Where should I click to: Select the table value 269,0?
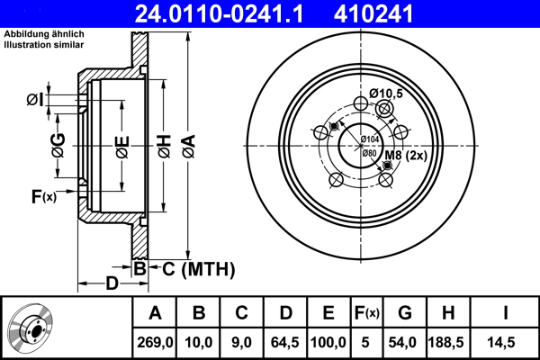pos(155,341)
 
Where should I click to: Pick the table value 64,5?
pos(285,341)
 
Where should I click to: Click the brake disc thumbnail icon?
pos(32,328)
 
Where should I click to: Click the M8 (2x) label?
pos(405,156)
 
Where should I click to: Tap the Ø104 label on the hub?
pos(369,139)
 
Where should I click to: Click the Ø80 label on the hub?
pos(369,153)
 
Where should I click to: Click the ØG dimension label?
pos(58,144)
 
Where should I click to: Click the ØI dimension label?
pos(33,99)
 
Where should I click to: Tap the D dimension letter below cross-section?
pos(112,284)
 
